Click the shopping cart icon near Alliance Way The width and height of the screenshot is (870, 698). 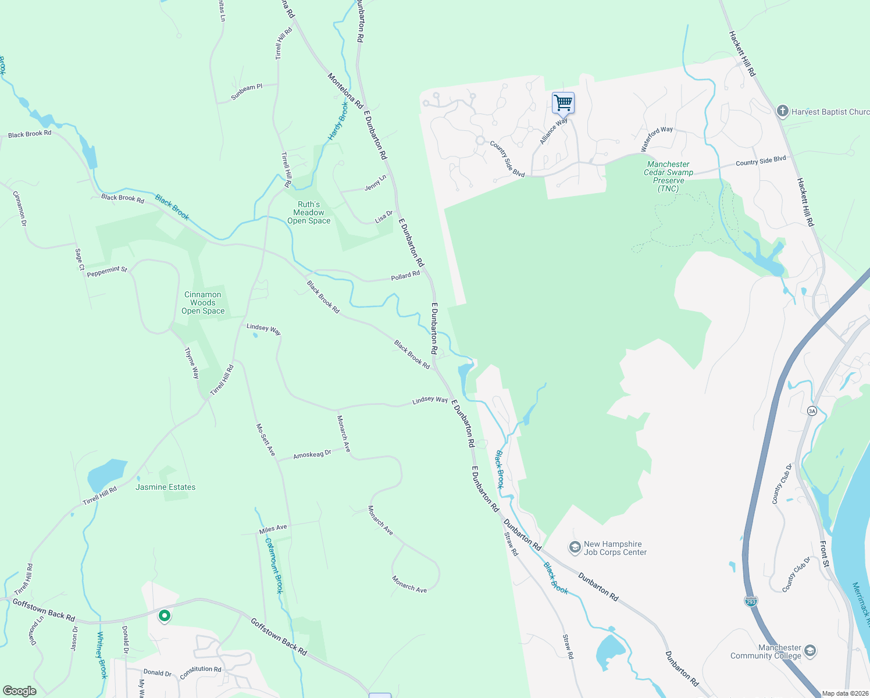(563, 104)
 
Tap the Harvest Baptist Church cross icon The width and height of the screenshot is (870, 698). (782, 111)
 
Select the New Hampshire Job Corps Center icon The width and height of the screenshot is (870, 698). (575, 547)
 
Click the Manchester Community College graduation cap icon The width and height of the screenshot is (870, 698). (810, 651)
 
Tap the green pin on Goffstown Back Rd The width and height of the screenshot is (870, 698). (165, 615)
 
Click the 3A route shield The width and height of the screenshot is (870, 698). (812, 411)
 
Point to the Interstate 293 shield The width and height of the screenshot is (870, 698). (751, 601)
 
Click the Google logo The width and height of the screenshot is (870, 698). (20, 691)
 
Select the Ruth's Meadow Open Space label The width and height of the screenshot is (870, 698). (309, 213)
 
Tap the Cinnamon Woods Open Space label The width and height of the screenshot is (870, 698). (202, 303)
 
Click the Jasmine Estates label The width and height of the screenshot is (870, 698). (166, 487)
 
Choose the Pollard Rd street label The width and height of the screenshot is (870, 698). (405, 276)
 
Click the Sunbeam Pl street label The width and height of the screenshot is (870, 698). (247, 92)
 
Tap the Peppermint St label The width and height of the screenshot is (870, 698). (107, 271)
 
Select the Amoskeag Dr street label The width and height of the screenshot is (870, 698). (312, 454)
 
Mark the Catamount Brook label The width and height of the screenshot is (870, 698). (274, 565)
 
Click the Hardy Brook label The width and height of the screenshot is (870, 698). (338, 121)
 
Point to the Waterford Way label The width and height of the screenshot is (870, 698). (657, 139)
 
